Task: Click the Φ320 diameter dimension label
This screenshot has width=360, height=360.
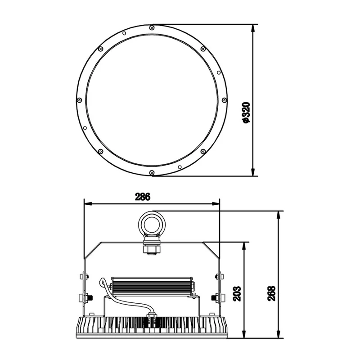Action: [246, 113]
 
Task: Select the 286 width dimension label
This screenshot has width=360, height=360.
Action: [143, 197]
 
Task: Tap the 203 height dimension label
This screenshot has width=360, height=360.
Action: [237, 293]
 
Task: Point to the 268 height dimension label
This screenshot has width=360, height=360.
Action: [271, 293]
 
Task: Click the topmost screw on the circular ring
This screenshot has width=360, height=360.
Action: [152, 28]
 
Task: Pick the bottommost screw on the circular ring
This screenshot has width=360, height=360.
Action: [152, 172]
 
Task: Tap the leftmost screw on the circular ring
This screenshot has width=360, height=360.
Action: [79, 100]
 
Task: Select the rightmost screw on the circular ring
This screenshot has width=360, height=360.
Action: [224, 100]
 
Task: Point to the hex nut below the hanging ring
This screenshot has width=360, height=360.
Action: [152, 250]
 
